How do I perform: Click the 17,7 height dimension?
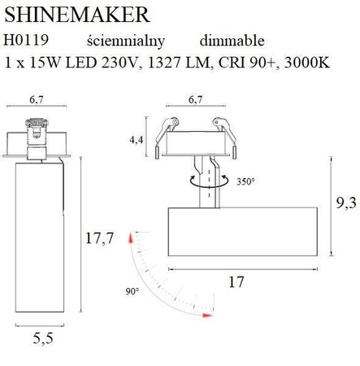96,238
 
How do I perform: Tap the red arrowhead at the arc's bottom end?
208,314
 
